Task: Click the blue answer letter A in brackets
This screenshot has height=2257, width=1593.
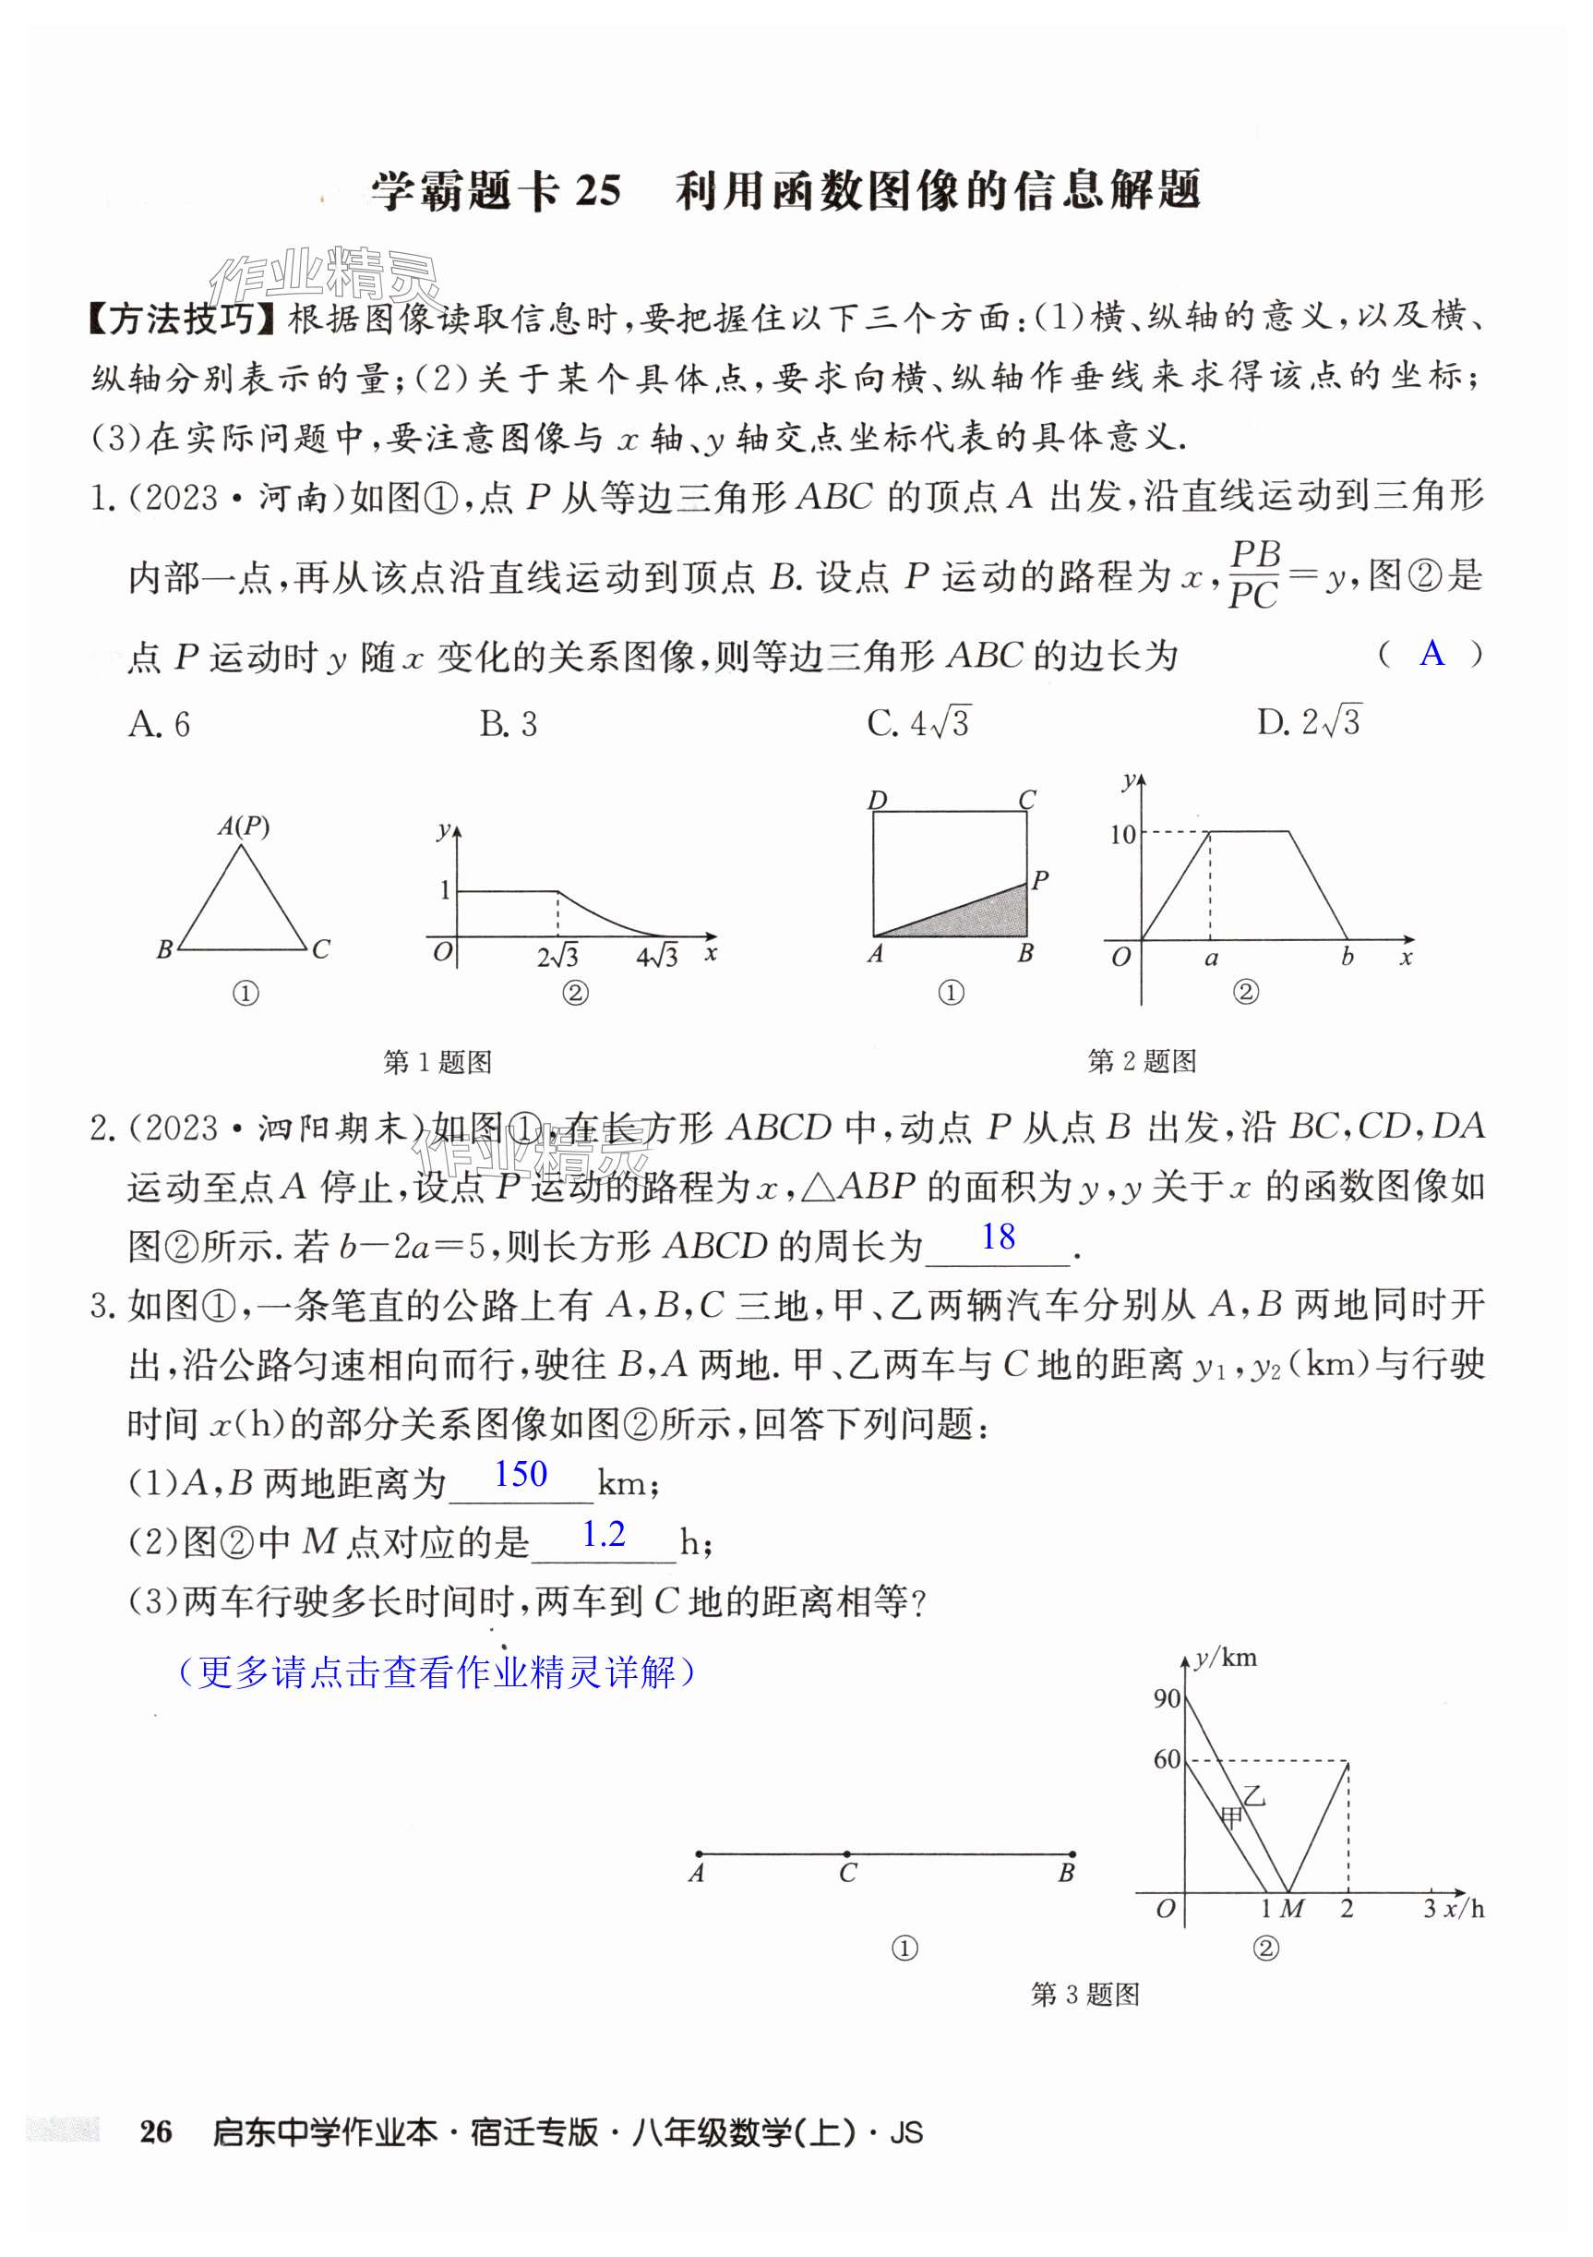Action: (1431, 654)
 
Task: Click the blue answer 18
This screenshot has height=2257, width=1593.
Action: (998, 1237)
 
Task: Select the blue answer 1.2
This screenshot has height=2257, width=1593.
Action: (603, 1535)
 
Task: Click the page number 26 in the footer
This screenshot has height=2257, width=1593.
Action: (155, 2131)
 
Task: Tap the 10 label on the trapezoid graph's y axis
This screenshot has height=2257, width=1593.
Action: (1121, 835)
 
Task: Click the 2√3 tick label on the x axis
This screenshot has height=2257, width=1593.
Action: (557, 956)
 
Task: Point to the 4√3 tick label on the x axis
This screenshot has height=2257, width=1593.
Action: (656, 956)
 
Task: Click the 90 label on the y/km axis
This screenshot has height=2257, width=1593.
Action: (1167, 1697)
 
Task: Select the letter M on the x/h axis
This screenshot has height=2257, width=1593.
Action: (1292, 1909)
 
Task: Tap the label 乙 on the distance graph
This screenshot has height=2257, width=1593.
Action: (1254, 1796)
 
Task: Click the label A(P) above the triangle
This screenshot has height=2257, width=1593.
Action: (243, 826)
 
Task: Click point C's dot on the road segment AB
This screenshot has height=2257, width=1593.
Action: (847, 1854)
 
